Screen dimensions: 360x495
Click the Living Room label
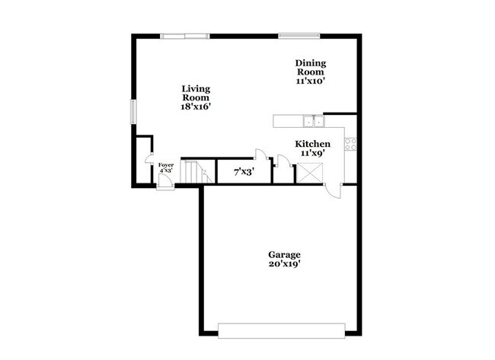(x=196, y=93)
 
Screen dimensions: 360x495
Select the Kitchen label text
(x=312, y=144)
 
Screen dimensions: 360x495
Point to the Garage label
(x=284, y=254)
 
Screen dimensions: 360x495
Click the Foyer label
(x=165, y=165)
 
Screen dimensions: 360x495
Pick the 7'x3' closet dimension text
(x=244, y=172)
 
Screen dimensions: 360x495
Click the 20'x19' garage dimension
(x=284, y=264)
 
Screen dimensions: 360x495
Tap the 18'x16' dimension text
(x=196, y=107)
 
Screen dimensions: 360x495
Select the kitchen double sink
(x=312, y=121)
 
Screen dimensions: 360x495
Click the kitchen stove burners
(x=350, y=142)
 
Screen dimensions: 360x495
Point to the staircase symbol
(x=197, y=172)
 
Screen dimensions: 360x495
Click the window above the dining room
(x=299, y=35)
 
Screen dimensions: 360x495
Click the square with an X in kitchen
(x=309, y=174)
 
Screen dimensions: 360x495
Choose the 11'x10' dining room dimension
(x=311, y=80)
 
